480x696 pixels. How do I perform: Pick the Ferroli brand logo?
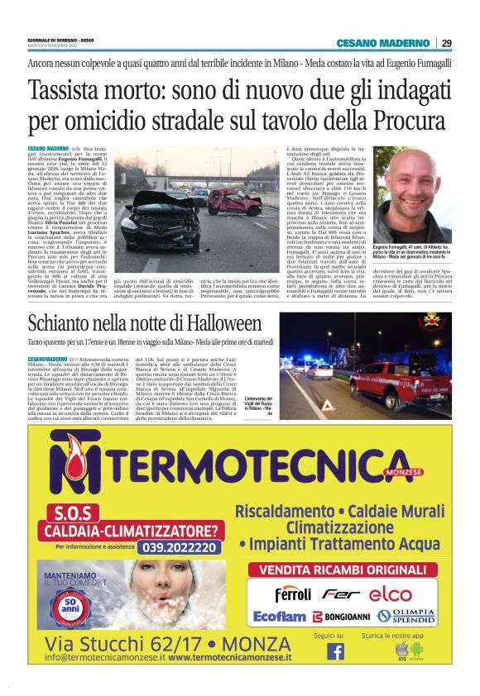point(293,594)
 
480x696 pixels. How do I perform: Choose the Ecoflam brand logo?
point(280,617)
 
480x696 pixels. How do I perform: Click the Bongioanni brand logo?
point(341,617)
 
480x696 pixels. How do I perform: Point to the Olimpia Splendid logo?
point(407,617)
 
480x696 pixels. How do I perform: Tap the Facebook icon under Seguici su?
point(335,651)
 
